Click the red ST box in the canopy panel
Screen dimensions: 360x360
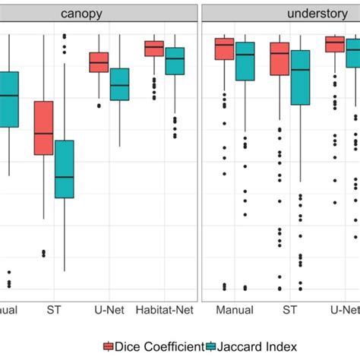click(x=43, y=128)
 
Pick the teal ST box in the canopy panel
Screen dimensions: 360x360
click(x=64, y=169)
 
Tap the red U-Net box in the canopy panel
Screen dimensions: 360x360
click(x=99, y=62)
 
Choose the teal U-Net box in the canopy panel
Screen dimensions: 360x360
click(x=119, y=84)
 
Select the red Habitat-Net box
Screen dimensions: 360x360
click(x=154, y=48)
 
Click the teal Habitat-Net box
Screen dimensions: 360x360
click(x=175, y=61)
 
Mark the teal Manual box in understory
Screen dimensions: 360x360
click(x=245, y=61)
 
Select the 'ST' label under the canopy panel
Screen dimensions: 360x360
click(x=54, y=311)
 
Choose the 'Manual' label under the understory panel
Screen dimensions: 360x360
click(x=234, y=311)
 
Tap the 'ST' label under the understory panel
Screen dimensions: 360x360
click(x=290, y=311)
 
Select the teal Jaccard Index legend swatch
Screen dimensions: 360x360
click(x=211, y=347)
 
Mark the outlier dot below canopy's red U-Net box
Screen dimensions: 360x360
click(x=99, y=106)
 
